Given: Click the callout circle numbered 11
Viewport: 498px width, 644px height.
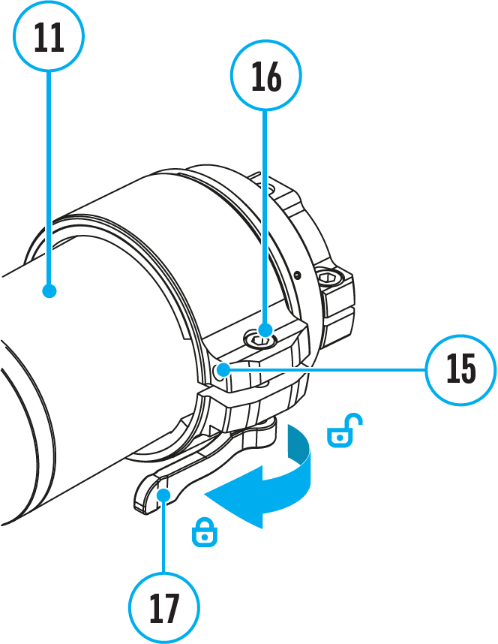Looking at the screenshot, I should [49, 36].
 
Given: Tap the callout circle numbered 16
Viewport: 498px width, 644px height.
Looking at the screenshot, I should [265, 75].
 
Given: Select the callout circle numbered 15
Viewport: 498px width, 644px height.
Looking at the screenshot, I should [460, 369].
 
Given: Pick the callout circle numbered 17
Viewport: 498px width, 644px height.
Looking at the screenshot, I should [163, 608].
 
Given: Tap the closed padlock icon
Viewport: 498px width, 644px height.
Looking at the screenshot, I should [204, 532].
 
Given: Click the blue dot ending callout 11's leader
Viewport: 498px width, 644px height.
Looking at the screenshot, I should [49, 290].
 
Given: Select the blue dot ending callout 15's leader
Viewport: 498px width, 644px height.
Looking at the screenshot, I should [223, 369].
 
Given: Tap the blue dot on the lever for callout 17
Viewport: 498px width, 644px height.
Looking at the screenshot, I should [163, 492].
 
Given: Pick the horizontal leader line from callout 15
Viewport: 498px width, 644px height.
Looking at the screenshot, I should [322, 369].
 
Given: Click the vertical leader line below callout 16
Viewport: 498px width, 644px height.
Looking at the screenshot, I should [265, 218].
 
